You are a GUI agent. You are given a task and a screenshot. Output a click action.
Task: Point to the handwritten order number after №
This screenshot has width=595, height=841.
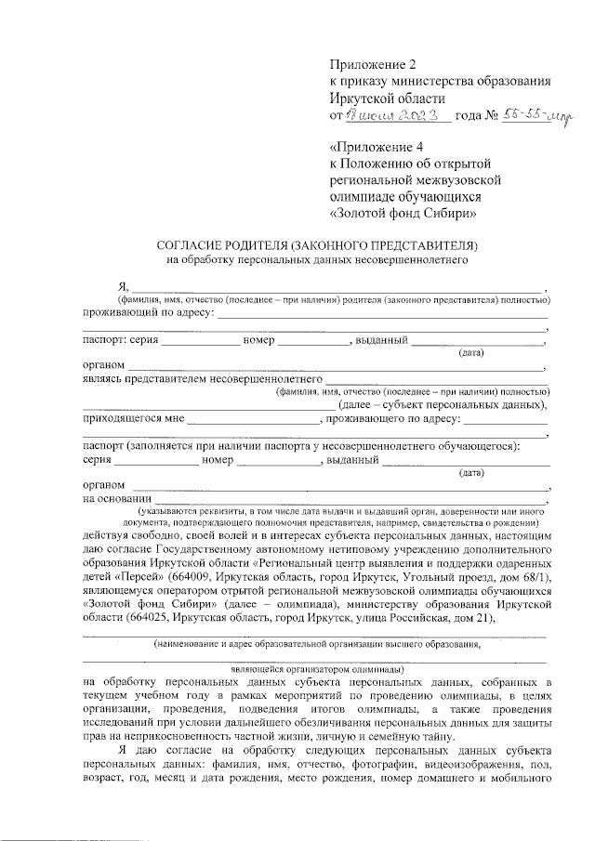[539, 115]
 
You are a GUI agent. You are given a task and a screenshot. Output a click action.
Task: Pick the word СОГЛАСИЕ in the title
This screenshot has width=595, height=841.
[194, 245]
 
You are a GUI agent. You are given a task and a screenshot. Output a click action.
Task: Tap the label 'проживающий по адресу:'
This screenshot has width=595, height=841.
[149, 313]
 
